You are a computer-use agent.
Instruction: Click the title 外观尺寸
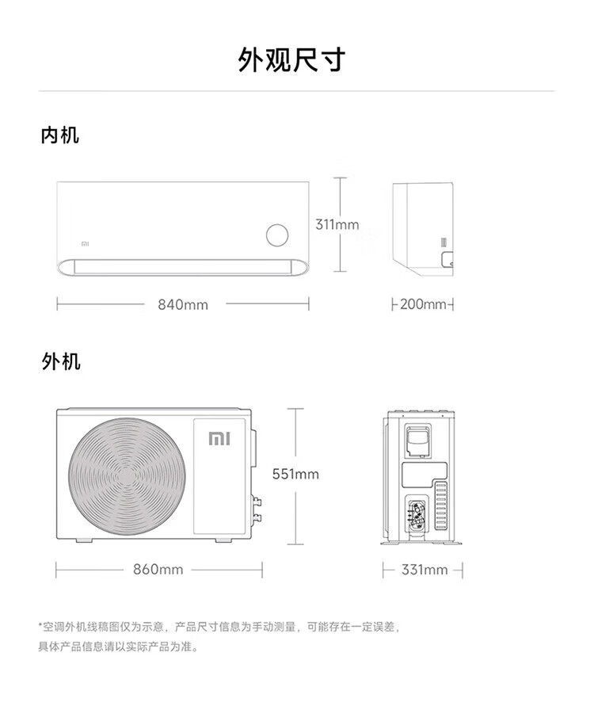[x=291, y=59]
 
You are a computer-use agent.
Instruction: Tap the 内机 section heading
[x=60, y=135]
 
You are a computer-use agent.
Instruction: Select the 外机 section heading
[x=61, y=361]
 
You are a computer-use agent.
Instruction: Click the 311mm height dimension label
[x=337, y=224]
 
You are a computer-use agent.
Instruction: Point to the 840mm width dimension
[x=183, y=305]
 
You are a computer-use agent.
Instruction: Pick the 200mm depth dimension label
[x=423, y=304]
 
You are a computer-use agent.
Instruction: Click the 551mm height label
[x=295, y=474]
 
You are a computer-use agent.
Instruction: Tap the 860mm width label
[x=158, y=570]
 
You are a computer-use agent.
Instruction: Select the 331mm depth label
[x=425, y=570]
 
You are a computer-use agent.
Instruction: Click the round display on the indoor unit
[x=277, y=235]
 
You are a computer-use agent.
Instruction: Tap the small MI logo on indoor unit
[x=85, y=244]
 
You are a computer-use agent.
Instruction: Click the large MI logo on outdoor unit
[x=219, y=439]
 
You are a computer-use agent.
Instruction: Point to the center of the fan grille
[x=128, y=478]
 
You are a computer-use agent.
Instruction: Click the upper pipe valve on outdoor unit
[x=257, y=501]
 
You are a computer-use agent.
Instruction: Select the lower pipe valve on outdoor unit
[x=257, y=518]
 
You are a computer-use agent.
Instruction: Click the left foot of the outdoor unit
[x=84, y=540]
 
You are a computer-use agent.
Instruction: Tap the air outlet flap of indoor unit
[x=183, y=267]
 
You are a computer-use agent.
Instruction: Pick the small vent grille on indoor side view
[x=444, y=242]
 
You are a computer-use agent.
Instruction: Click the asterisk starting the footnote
[x=40, y=624]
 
